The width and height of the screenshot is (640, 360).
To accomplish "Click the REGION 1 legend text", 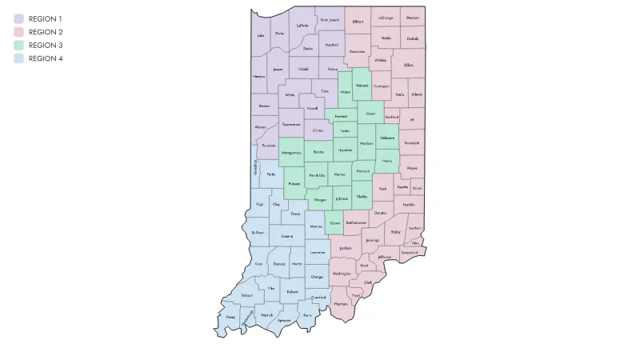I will click(45, 18).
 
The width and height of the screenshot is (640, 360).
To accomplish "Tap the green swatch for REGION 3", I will click(18, 46).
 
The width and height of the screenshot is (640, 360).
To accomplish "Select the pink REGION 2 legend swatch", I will click(18, 32).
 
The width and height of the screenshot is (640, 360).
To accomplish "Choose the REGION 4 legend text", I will click(46, 59).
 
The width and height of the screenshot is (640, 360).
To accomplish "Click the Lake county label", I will click(260, 35).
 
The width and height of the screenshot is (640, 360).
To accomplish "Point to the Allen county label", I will click(409, 65).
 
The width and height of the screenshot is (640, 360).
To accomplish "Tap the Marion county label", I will click(340, 174).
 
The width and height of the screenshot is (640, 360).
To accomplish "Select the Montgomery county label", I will click(291, 152).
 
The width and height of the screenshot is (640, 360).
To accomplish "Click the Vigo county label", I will click(259, 205).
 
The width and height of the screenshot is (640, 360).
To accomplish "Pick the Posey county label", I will click(230, 318).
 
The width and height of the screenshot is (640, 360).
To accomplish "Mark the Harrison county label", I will click(341, 305).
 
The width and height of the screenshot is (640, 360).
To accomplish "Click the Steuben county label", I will click(412, 17).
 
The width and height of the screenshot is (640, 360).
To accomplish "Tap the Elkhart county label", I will click(358, 22).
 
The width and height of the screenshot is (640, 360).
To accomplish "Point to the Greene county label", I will click(286, 236).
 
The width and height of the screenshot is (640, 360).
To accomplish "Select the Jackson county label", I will click(346, 248).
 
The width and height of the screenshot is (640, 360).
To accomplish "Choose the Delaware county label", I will click(387, 138).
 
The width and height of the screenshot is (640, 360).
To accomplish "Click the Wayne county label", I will click(412, 168).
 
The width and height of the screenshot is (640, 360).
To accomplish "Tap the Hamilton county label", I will click(346, 150).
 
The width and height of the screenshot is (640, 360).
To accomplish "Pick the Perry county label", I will click(307, 315).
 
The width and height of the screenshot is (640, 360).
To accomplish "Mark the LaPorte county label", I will click(302, 25).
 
